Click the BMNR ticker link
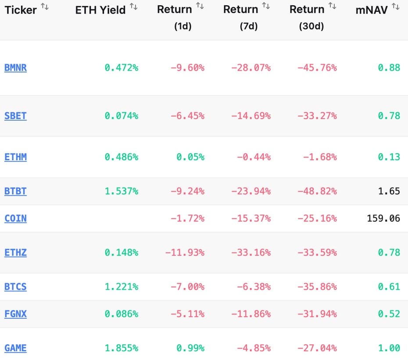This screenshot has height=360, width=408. coord(15,68)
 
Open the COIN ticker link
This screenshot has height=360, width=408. coord(15,218)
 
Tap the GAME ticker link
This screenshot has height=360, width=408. coord(15,348)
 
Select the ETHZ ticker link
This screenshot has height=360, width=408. coord(15,252)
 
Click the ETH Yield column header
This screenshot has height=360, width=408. coord(100,10)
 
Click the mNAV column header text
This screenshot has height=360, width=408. coord(371,10)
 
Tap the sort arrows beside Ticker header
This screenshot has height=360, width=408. coord(45,7)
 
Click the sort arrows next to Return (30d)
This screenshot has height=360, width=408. coord(333,6)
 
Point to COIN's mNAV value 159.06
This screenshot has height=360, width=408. coord(383,218)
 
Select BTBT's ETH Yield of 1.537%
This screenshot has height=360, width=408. coord(121,191)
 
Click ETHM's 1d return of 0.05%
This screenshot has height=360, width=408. coord(190,157)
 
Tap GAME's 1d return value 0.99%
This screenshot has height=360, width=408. coord(190,348)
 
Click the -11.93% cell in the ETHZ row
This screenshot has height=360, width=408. coord(185,252)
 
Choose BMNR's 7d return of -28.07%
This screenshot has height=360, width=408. coord(251,68)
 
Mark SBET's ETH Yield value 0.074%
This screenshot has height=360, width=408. coord(121,116)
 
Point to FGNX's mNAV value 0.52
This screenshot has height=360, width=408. coord(389,314)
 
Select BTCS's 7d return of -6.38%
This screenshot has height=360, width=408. coord(254,287)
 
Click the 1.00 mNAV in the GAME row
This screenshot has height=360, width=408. coord(389,348)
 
